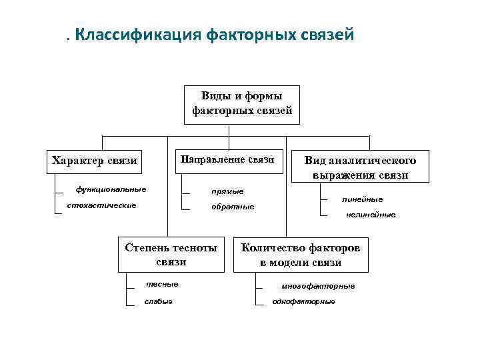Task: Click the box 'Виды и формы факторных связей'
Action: (242, 104)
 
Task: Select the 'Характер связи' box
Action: (94, 160)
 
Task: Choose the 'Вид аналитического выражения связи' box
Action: (360, 167)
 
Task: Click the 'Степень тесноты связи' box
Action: (171, 255)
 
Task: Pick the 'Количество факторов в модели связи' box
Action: (301, 255)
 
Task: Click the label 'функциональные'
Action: (111, 189)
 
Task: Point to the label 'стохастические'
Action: (101, 205)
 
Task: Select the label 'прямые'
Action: (227, 191)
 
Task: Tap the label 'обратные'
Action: (233, 207)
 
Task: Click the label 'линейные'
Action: (362, 199)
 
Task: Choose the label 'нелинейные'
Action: (371, 215)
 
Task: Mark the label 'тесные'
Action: (162, 284)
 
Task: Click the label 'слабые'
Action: (159, 301)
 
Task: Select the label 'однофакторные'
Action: (304, 301)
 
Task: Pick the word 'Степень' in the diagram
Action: (146, 247)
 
